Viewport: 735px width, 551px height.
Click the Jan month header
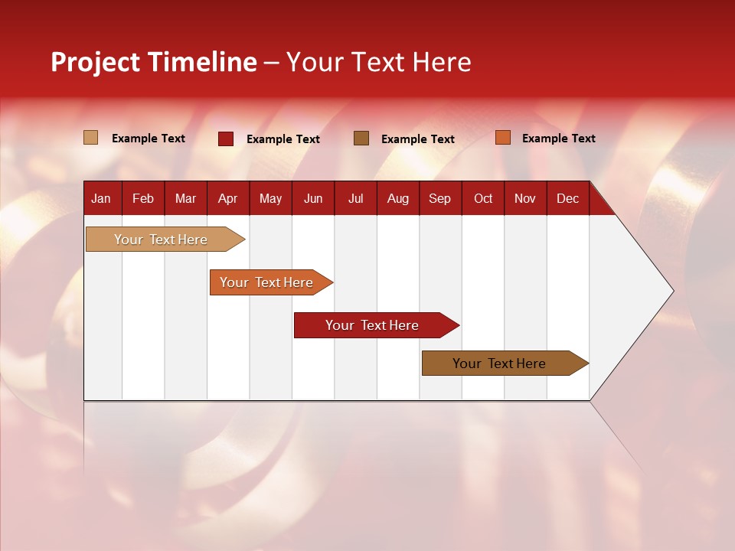click(101, 198)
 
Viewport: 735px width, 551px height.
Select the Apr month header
click(227, 198)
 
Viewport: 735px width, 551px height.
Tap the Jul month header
click(355, 198)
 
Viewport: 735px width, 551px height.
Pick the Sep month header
click(439, 198)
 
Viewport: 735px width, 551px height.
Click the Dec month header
click(567, 198)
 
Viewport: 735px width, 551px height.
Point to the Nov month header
click(524, 198)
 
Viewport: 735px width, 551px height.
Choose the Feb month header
click(143, 198)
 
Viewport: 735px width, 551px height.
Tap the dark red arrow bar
click(373, 325)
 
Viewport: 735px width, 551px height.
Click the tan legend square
click(90, 138)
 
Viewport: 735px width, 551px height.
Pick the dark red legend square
click(225, 139)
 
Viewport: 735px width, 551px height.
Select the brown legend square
click(361, 138)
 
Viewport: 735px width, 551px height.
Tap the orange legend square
click(502, 138)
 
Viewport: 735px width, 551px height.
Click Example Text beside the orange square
click(558, 138)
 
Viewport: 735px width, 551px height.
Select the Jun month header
click(312, 198)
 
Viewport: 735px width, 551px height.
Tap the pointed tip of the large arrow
click(671, 291)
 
